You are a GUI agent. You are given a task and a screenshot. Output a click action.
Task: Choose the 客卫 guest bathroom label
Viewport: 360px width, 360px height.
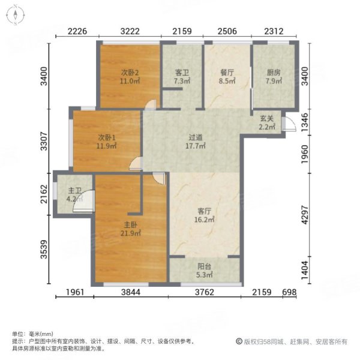coord(182,73)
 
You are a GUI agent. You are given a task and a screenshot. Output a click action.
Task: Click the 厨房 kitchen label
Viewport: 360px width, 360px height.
coord(274,73)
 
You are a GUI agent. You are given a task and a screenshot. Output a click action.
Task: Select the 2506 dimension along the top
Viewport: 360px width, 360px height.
coord(227,31)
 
